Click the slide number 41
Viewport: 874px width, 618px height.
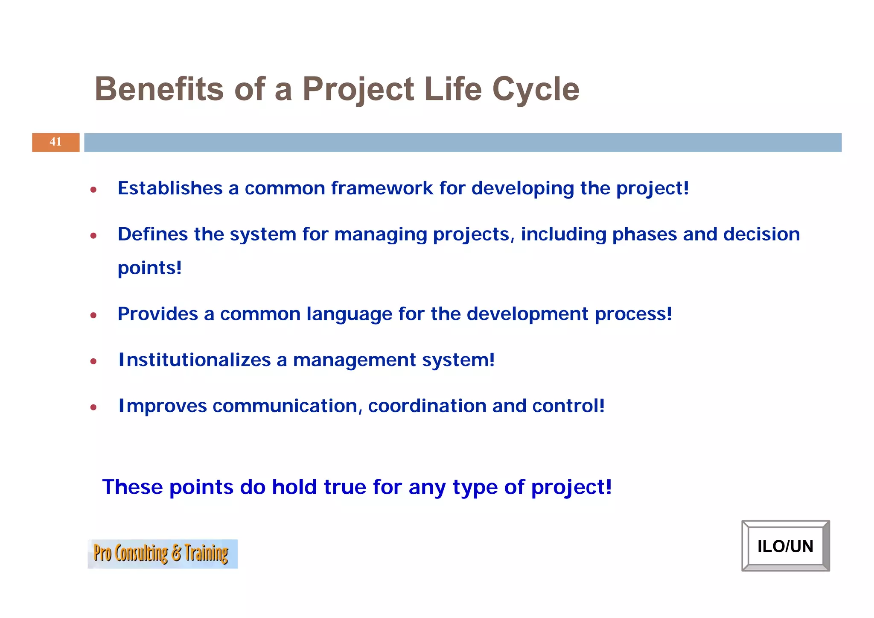(x=55, y=142)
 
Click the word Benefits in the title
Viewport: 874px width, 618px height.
(x=159, y=89)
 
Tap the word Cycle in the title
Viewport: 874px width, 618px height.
(x=536, y=89)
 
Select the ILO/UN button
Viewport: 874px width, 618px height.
(x=785, y=546)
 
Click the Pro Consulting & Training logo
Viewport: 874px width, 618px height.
(x=162, y=554)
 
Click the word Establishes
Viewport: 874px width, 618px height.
(x=170, y=188)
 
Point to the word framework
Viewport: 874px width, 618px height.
(x=382, y=188)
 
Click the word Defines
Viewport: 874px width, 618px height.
(x=153, y=234)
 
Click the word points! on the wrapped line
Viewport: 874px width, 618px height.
(x=149, y=268)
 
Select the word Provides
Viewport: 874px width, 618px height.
(x=157, y=314)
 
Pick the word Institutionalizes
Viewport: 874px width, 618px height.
(x=195, y=360)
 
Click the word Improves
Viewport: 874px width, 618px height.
(x=163, y=406)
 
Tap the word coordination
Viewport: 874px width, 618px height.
(x=427, y=406)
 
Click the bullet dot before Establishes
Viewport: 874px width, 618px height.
(x=93, y=190)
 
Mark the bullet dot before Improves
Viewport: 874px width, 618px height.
(x=93, y=407)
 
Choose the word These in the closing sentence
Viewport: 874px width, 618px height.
(x=132, y=487)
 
